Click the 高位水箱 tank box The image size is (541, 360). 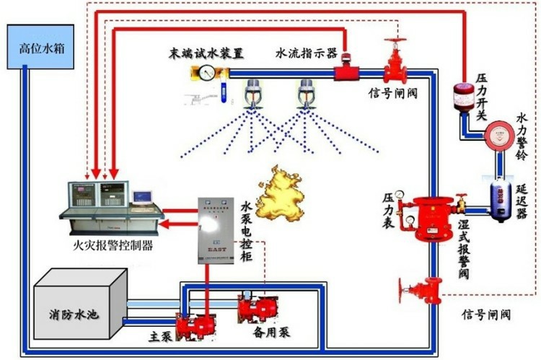point(40,48)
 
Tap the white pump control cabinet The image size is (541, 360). point(217,229)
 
